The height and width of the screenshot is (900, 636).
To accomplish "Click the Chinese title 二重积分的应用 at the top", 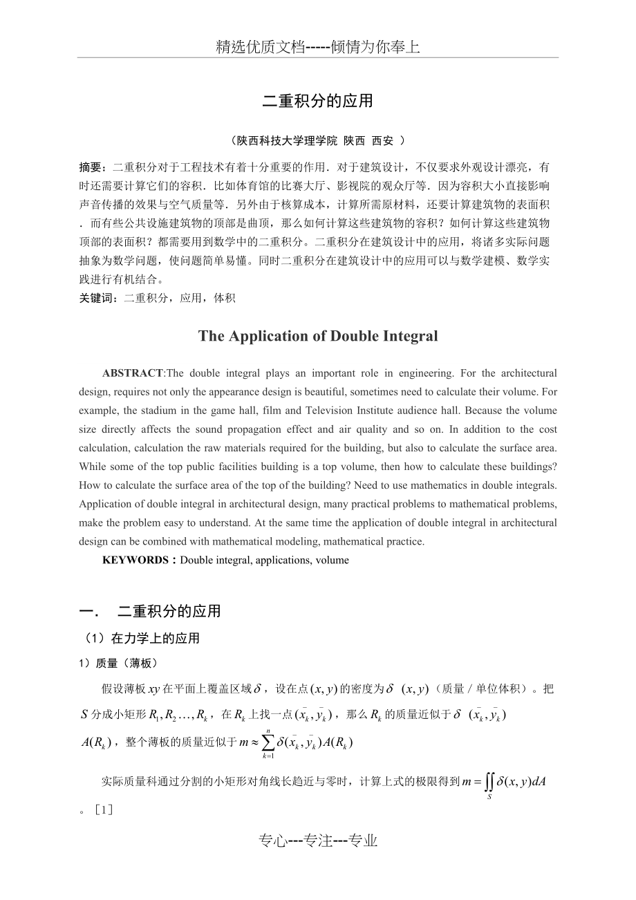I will tap(317, 101).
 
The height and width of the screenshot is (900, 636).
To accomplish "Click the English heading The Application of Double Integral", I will tap(318, 336).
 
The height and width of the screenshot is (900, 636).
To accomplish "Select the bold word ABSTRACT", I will tap(133, 373).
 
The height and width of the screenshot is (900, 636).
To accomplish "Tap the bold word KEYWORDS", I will tap(135, 560).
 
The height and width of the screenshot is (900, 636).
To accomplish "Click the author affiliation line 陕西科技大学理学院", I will tap(287, 140).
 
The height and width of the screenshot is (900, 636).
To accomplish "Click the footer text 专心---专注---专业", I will tap(318, 841).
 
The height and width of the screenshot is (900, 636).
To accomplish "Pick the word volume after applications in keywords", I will tap(333, 560).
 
